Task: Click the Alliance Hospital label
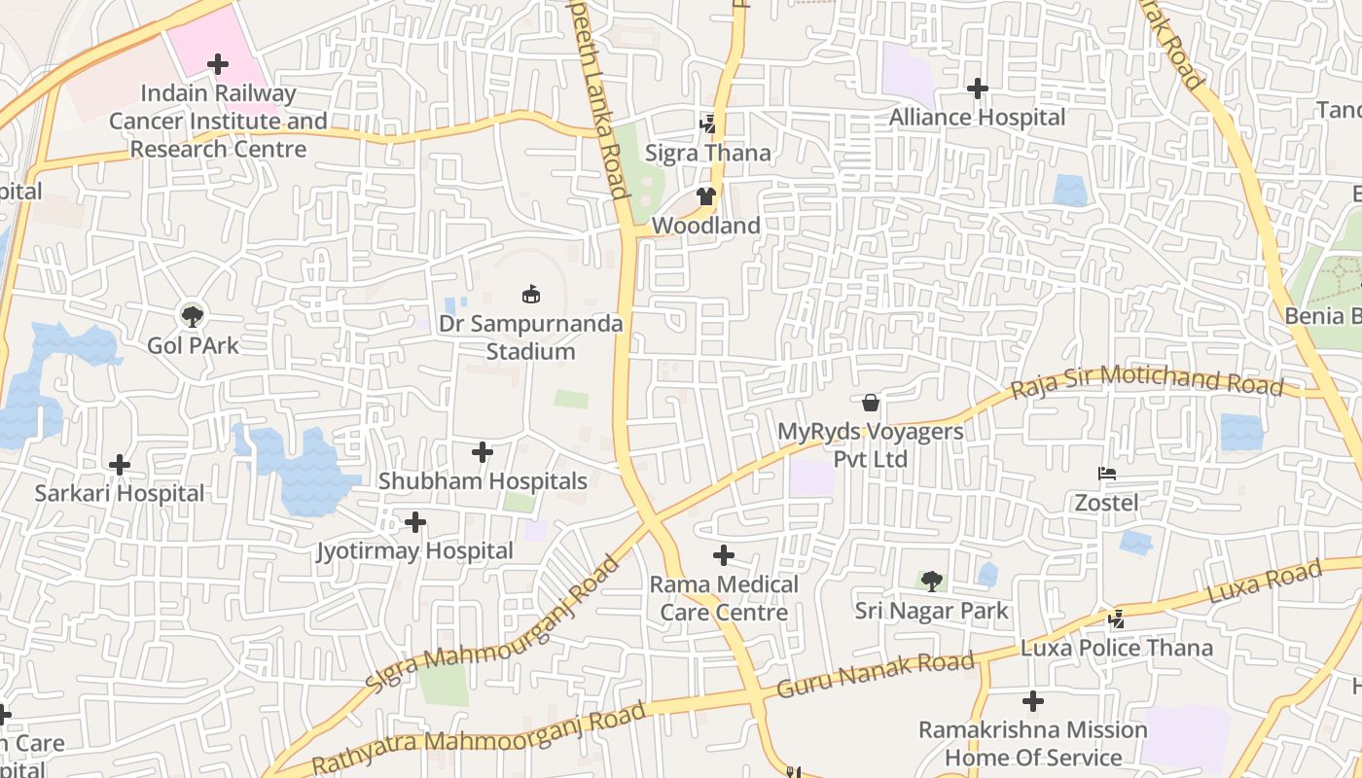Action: [978, 117]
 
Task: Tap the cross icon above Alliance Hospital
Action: [978, 88]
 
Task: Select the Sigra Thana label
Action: [708, 153]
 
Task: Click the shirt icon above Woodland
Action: [706, 196]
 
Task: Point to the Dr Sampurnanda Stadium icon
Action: [531, 293]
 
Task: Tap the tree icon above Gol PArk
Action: [193, 315]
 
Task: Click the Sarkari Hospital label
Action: [120, 493]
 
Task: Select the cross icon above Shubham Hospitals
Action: [483, 452]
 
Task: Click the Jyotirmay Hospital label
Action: [415, 550]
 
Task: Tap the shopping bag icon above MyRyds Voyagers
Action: [871, 402]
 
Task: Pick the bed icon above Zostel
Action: [1106, 474]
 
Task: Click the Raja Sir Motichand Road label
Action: [1147, 380]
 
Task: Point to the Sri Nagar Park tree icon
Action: [932, 582]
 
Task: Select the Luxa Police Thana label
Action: [1117, 648]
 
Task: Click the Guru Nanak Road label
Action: [876, 676]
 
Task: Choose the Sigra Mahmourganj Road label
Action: [493, 625]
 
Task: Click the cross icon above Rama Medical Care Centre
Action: [724, 555]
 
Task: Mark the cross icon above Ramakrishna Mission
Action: [1033, 700]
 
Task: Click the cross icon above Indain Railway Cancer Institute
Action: [218, 65]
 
